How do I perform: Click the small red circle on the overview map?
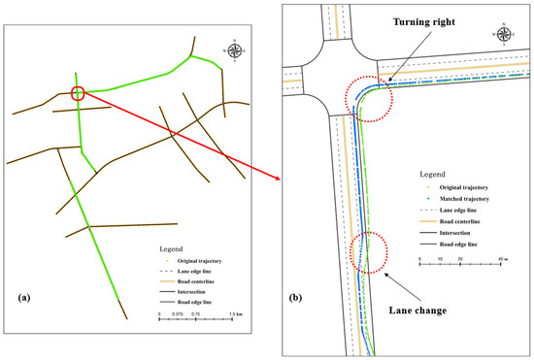79,94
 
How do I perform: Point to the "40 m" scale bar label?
503,261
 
